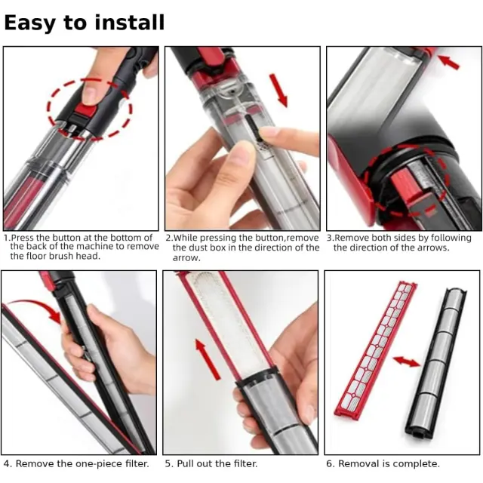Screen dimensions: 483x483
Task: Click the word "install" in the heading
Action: (129, 23)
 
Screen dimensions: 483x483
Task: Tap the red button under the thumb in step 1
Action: (85, 109)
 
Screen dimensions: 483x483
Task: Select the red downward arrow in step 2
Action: (278, 91)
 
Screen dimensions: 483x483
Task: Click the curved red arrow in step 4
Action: (34, 309)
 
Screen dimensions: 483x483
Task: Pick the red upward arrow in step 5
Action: (208, 359)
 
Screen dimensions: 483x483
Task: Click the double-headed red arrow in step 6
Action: (407, 361)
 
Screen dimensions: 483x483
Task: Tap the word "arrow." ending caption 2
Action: (186, 258)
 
